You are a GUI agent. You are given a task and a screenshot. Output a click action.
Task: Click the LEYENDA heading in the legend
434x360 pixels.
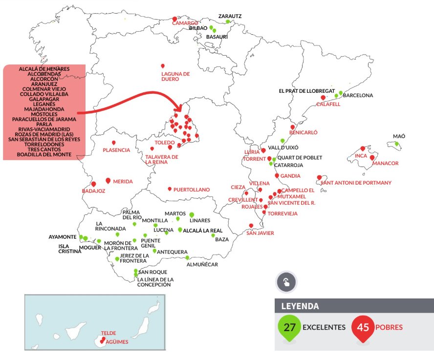tap(300, 307)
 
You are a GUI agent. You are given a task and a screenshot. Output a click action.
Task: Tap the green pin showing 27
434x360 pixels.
tap(289, 327)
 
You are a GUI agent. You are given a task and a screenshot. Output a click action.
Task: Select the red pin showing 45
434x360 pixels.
tap(363, 327)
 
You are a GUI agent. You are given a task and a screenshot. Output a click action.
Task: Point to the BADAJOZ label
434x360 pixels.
tap(94, 191)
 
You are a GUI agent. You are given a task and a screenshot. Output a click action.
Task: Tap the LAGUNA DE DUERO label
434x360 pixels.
tap(175, 76)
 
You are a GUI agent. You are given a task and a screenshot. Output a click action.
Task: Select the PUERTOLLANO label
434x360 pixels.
tap(192, 190)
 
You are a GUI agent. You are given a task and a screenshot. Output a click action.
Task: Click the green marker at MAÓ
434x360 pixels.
tap(397, 144)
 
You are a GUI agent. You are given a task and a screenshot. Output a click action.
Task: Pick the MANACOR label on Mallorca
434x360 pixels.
tap(385, 163)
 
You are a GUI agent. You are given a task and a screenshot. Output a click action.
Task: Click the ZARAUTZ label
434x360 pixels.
tap(230, 16)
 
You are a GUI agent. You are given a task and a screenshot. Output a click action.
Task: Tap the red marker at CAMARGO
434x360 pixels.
tap(174, 19)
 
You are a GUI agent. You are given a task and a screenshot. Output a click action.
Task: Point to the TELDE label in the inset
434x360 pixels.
tap(108, 333)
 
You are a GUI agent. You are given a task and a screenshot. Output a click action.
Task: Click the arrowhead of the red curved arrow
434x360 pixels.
tap(180, 107)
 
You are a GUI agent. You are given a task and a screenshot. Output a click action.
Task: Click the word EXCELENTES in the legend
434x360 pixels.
tap(324, 327)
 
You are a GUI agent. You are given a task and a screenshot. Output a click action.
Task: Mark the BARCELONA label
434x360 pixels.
tap(358, 95)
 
